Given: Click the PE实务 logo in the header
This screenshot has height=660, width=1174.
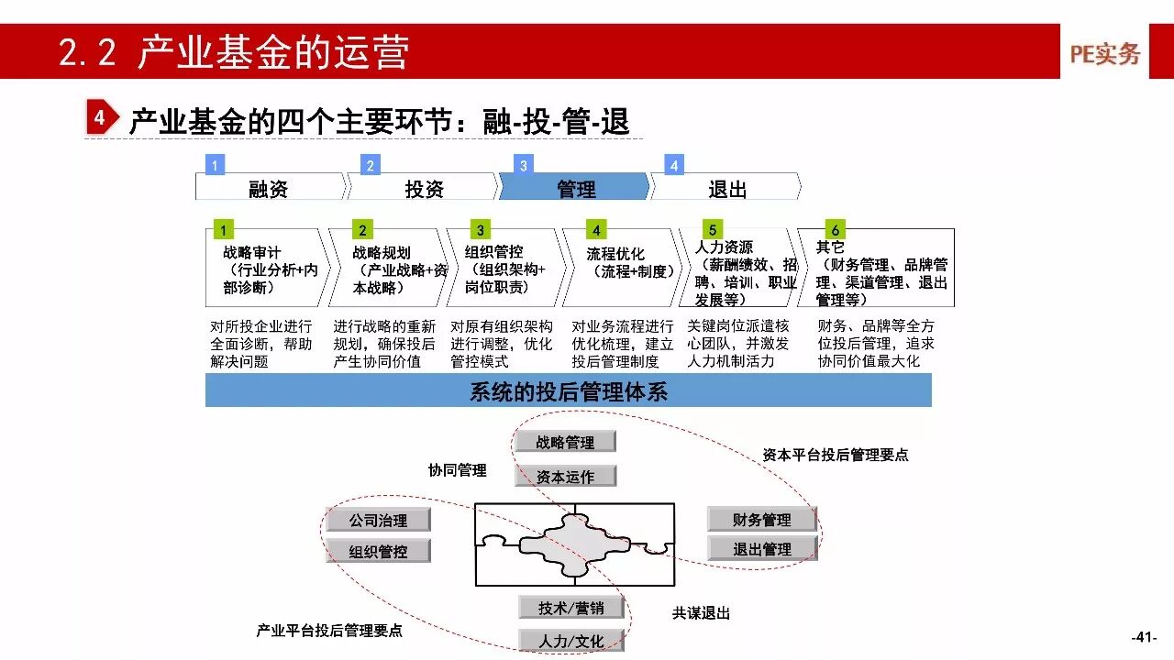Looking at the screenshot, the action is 1104,54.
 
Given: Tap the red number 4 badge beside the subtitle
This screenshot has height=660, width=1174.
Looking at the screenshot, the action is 100,118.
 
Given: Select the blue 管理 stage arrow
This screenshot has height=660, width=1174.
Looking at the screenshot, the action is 575,189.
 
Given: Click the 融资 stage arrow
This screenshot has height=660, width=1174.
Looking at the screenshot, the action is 269,189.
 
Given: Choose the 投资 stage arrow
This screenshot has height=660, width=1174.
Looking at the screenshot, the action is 423,189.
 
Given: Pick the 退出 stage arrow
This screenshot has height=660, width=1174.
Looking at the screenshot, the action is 726,189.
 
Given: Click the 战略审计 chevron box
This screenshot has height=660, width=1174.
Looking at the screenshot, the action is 266,269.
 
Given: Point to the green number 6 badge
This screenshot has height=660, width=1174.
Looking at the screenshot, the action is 834,229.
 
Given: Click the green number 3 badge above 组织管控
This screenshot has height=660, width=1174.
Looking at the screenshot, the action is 480,230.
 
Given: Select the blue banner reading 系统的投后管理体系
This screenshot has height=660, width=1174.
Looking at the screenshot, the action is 568,391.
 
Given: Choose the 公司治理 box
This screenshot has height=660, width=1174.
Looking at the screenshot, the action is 378,520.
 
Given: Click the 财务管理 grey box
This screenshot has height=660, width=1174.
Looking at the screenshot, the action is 761,520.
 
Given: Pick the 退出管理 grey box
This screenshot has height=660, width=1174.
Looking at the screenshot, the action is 761,549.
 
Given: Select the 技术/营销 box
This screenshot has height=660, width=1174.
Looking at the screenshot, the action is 571,608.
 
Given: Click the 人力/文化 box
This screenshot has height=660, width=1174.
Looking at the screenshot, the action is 571,641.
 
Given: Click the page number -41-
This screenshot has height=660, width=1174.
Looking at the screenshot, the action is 1144,637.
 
